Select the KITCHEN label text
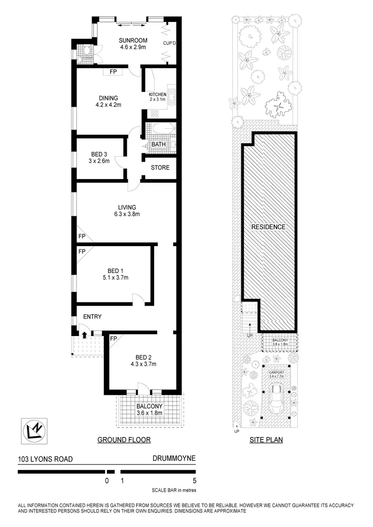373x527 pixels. (x=158, y=94)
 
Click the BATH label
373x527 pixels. (x=159, y=145)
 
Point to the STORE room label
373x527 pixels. (x=160, y=168)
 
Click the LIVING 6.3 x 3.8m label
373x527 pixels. (x=127, y=211)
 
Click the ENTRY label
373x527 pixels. (x=92, y=316)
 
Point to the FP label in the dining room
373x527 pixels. (x=113, y=72)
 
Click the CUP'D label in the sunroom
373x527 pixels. (x=170, y=43)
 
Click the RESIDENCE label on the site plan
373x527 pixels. (x=269, y=227)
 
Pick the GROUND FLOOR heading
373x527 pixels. (x=124, y=439)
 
